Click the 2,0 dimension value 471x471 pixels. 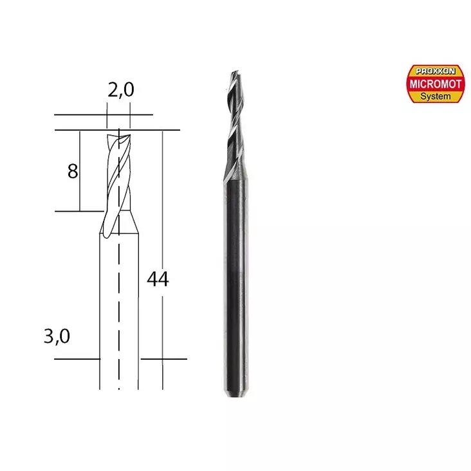click(120, 91)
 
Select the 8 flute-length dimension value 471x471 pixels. click(72, 171)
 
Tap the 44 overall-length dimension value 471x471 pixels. click(158, 279)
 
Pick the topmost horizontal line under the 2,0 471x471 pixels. click(103, 116)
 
